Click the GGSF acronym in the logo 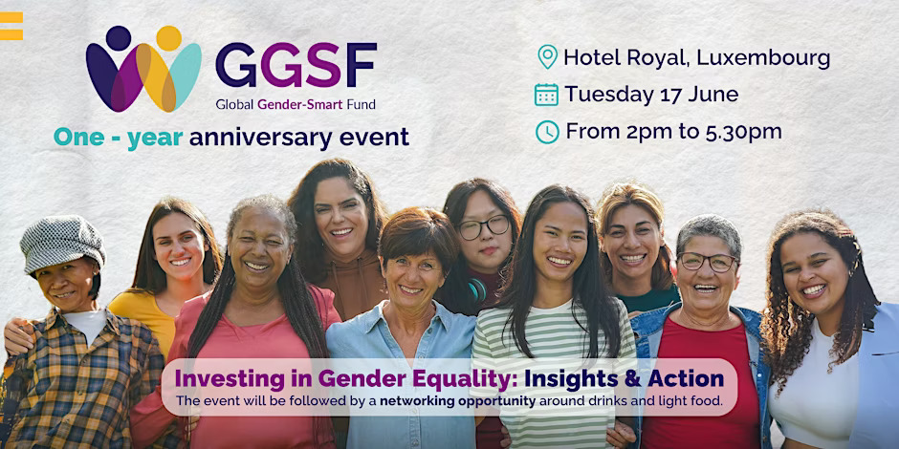[296, 65]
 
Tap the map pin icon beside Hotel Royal [548, 57]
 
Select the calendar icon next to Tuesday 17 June [546, 95]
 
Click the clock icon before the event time [548, 132]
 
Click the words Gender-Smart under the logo [299, 105]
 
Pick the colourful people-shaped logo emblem [143, 69]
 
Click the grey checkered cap [62, 244]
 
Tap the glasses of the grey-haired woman [707, 262]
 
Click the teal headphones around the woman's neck [477, 289]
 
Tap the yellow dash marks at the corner [11, 26]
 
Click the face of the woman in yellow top [178, 246]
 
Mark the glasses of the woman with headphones [484, 226]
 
